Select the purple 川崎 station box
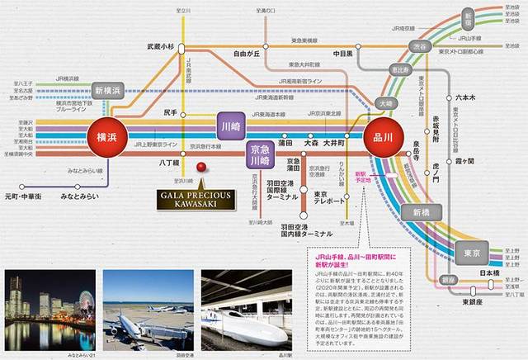(x=232, y=128)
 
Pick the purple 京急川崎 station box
(x=261, y=155)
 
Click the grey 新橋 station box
(x=422, y=214)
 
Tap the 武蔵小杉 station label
(x=161, y=47)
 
